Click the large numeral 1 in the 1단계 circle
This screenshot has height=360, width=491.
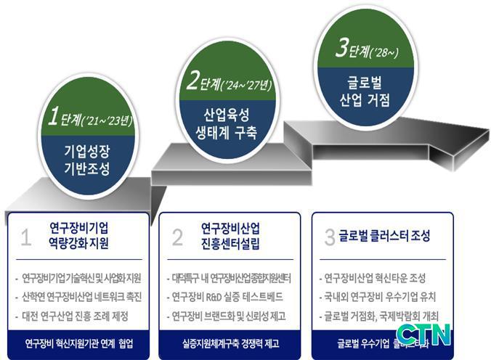pyautogui.click(x=52, y=117)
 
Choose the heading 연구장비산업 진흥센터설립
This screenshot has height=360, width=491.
pyautogui.click(x=232, y=237)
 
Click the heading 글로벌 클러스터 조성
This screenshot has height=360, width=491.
pyautogui.click(x=384, y=237)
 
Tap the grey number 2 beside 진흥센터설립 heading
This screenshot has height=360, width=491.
pyautogui.click(x=177, y=237)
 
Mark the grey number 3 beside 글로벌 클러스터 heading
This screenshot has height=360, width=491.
pyautogui.click(x=330, y=237)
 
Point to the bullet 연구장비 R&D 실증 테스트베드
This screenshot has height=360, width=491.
pyautogui.click(x=227, y=298)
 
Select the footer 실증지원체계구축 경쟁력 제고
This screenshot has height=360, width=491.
pyautogui.click(x=230, y=343)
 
